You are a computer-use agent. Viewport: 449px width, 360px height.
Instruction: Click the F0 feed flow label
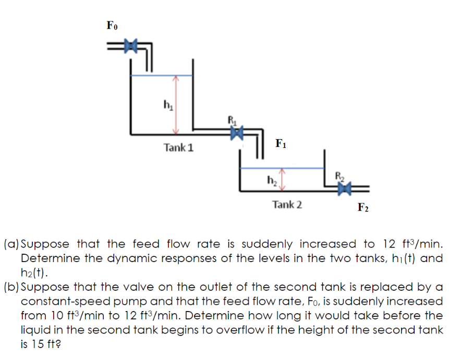(112, 25)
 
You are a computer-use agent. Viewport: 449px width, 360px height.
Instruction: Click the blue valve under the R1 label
(238, 133)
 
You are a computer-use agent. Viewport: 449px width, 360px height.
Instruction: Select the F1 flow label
(281, 143)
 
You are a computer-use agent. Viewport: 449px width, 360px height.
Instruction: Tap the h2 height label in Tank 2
(271, 180)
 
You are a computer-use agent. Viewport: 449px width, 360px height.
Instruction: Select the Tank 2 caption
(287, 204)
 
